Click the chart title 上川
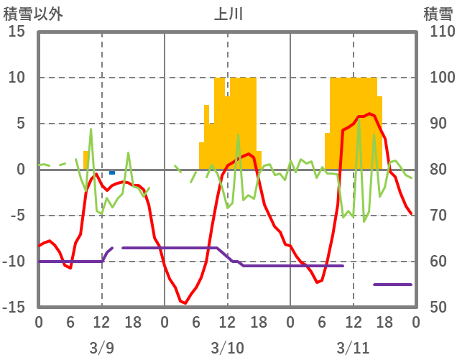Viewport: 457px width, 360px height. (228, 14)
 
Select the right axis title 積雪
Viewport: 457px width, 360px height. (438, 14)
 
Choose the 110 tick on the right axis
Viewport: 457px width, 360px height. (438, 32)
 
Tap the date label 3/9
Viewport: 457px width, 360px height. (101, 348)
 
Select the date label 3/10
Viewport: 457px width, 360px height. (227, 348)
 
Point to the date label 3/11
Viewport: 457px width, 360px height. (353, 348)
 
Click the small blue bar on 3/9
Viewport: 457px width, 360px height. (112, 172)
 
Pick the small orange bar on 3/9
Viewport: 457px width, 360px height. (86, 160)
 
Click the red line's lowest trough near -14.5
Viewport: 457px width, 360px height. (185, 303)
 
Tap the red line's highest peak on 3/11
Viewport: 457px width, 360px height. (369, 114)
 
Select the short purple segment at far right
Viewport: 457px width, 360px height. (392, 285)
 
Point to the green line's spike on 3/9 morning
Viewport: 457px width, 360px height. (91, 129)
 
